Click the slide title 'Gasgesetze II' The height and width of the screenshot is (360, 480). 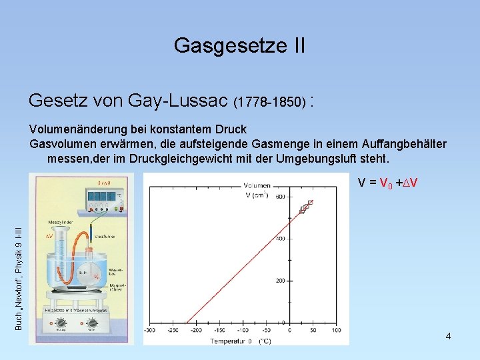pyautogui.click(x=239, y=45)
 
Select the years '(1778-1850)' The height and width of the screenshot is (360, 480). pyautogui.click(x=270, y=103)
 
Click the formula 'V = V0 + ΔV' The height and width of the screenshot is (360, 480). pyautogui.click(x=387, y=183)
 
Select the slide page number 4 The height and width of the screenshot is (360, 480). pyautogui.click(x=448, y=336)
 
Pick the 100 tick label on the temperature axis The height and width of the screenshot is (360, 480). pyautogui.click(x=336, y=330)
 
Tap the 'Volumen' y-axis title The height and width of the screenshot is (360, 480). pyautogui.click(x=257, y=185)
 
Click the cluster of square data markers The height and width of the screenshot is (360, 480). pyautogui.click(x=305, y=207)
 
